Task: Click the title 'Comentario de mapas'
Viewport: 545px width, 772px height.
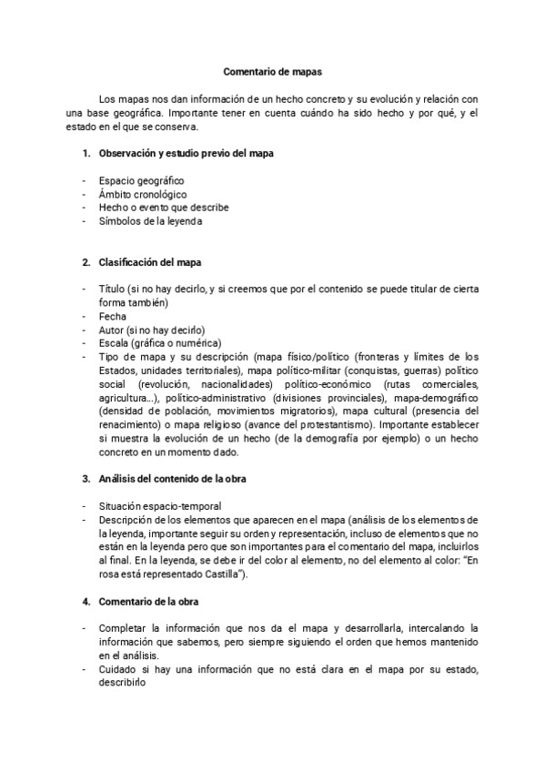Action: [272, 69]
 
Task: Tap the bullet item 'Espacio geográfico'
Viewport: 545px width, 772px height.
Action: [141, 181]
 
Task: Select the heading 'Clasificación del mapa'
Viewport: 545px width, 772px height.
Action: [150, 262]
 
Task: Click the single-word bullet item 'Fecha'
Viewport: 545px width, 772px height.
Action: [112, 316]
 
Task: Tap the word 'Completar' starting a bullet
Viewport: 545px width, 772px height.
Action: [123, 629]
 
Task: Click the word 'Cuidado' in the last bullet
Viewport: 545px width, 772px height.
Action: [118, 670]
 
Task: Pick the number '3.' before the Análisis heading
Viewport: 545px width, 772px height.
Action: [86, 478]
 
